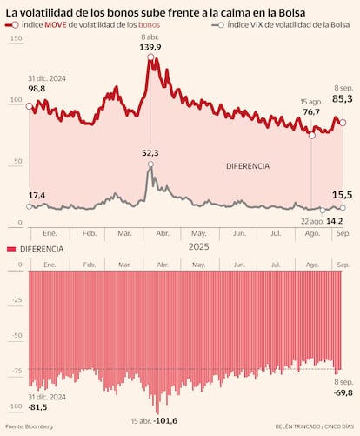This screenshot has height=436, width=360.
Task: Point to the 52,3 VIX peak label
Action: click(152, 153)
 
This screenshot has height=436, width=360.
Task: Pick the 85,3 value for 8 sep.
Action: click(343, 99)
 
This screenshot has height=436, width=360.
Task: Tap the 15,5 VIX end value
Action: click(343, 195)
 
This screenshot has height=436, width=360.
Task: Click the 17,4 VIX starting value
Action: click(37, 194)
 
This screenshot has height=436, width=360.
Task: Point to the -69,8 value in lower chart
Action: click(343, 392)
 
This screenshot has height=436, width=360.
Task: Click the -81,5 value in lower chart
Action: click(37, 406)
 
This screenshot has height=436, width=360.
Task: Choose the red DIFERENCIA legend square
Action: click(11, 249)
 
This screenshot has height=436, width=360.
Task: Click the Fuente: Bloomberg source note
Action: click(30, 426)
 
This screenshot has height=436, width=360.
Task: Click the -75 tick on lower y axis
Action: click(16, 369)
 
